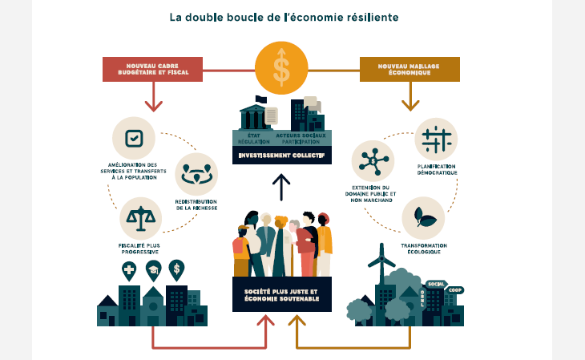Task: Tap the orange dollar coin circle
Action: pyautogui.click(x=280, y=69)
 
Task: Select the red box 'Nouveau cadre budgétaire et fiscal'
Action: pyautogui.click(x=152, y=69)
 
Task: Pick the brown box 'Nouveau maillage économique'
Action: pyautogui.click(x=409, y=69)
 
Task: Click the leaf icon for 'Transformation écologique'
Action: pyautogui.click(x=422, y=218)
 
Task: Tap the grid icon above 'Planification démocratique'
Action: pyautogui.click(x=436, y=140)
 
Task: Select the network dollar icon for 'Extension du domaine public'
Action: pyautogui.click(x=373, y=161)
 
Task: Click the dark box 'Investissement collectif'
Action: pyautogui.click(x=280, y=156)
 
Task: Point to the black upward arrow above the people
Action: pyautogui.click(x=280, y=187)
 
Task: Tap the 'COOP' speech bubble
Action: pyautogui.click(x=455, y=291)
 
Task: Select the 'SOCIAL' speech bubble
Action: pyautogui.click(x=436, y=284)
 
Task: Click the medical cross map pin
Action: pyautogui.click(x=128, y=269)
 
